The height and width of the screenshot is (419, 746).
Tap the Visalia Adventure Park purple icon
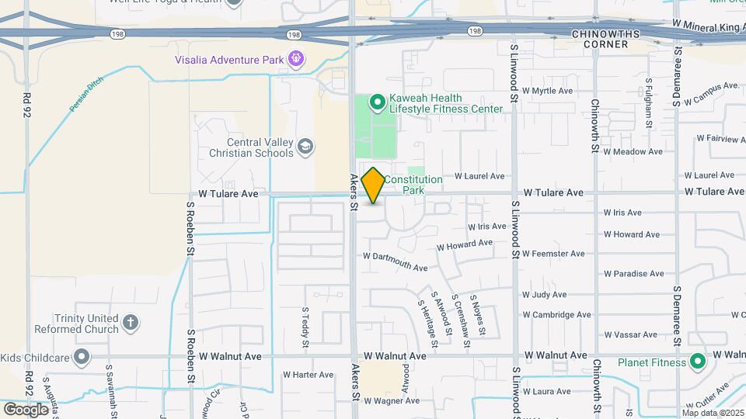295,57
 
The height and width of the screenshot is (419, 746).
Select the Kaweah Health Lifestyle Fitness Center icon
377,102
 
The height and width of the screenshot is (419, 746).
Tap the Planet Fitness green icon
698,362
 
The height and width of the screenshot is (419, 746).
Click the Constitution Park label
413,185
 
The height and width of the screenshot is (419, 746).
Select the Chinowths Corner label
610,39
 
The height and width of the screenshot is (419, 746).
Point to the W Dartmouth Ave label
396,261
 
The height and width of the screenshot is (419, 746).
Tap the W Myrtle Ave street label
547,91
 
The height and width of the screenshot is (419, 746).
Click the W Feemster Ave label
553,254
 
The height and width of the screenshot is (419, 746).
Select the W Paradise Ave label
633,273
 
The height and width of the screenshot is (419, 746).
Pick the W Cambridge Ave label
557,315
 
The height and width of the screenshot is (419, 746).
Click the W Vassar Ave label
630,334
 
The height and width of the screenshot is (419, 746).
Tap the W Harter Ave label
308,375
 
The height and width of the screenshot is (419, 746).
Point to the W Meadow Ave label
629,152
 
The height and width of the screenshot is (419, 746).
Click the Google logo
26,409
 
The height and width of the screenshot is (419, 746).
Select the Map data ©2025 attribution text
713,413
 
